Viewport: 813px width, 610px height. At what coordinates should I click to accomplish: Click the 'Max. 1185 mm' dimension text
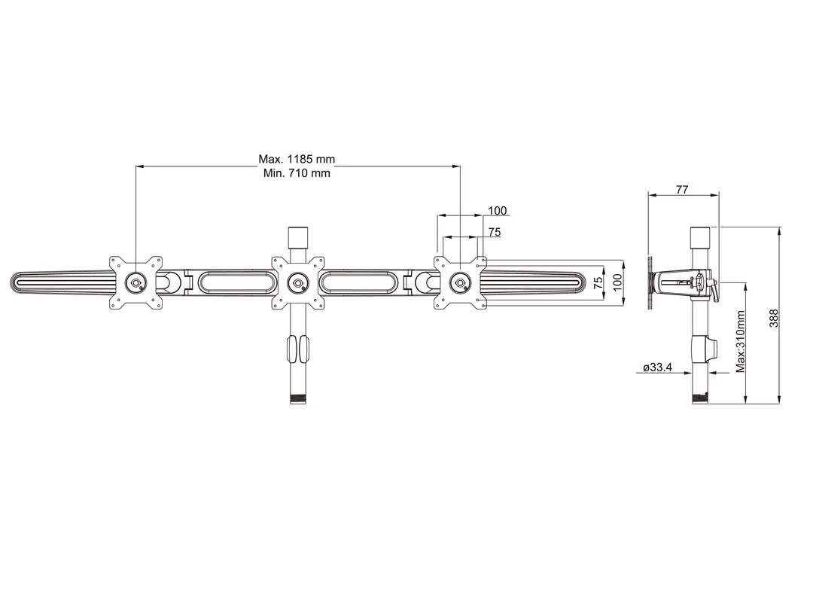click(297, 159)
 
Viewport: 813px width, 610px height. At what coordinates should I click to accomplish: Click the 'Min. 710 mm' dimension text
click(297, 173)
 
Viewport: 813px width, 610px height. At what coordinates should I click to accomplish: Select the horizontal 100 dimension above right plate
click(498, 211)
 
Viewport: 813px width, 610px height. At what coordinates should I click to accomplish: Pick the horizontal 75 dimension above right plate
click(494, 233)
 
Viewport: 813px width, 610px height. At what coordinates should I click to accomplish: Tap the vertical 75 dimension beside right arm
click(598, 283)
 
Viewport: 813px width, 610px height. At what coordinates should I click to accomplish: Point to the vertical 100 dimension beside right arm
click(617, 283)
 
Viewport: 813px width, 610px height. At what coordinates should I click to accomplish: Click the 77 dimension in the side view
click(681, 190)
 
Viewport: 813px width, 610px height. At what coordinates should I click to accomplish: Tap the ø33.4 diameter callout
click(657, 368)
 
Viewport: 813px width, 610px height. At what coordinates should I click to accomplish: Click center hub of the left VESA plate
click(135, 282)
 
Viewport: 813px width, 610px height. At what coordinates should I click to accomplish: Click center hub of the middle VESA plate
click(297, 283)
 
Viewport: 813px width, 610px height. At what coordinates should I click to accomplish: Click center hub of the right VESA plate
click(459, 283)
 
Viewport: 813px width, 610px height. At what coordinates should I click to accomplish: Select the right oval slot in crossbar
click(358, 282)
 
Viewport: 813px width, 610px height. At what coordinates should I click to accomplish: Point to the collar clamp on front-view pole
click(297, 349)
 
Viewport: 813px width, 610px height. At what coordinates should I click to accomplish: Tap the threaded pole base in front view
click(297, 398)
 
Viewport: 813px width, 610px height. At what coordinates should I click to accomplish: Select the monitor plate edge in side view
click(650, 283)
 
